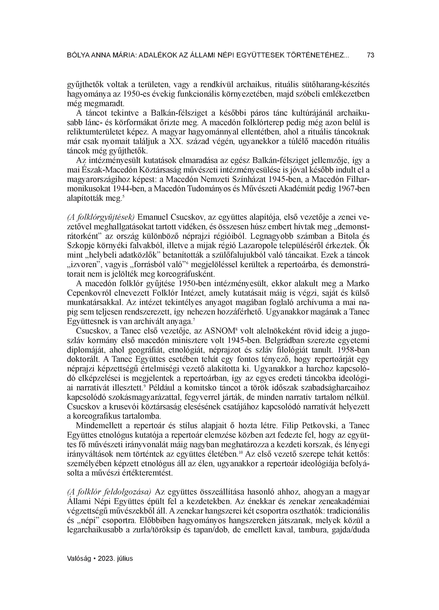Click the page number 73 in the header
point(370,55)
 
